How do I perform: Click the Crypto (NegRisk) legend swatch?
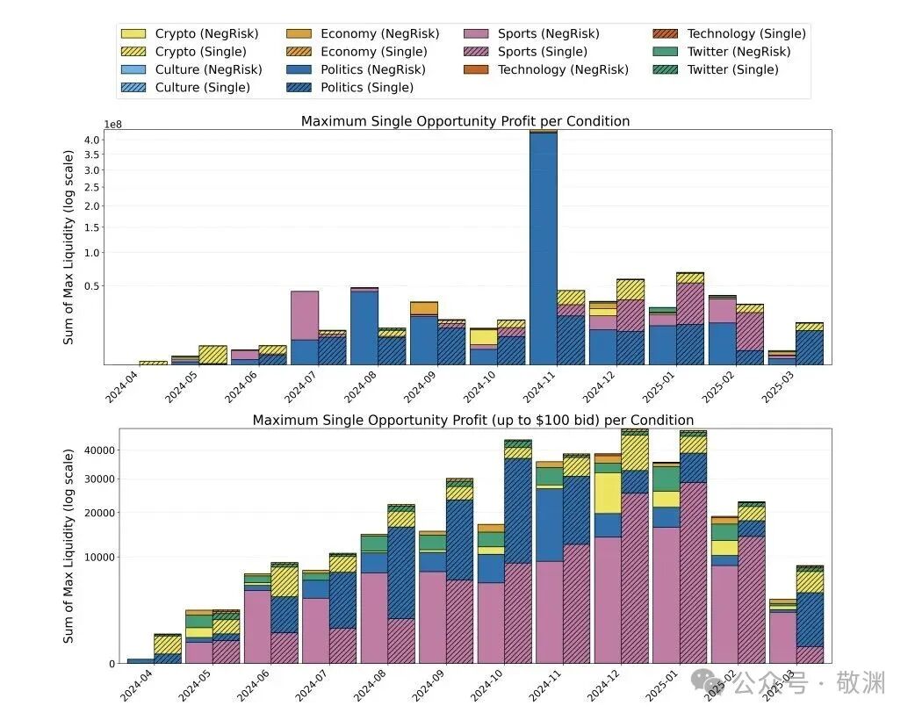coord(134,34)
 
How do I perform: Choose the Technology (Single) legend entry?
coord(746,34)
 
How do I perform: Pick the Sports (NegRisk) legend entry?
coord(548,34)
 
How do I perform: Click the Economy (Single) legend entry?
coord(373,52)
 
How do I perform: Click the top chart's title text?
coord(465,121)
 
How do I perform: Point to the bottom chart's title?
coord(472,421)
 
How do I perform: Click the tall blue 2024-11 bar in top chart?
coord(543,246)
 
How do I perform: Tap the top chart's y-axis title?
coord(68,247)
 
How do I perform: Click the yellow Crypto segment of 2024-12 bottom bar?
coord(607,493)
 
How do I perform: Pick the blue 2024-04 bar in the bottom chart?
coord(140,660)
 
